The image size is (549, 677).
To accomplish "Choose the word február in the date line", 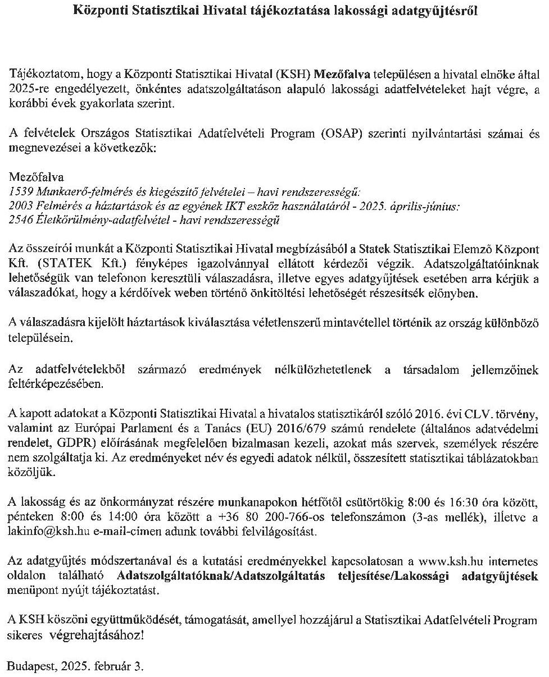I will coord(115,667).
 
